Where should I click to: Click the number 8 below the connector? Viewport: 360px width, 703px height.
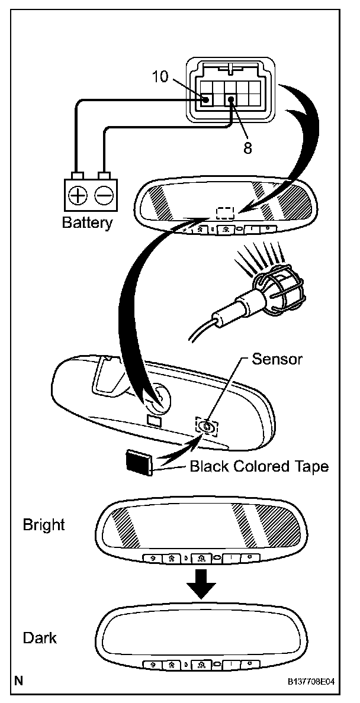tap(247, 147)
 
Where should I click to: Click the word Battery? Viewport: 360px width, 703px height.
tap(87, 224)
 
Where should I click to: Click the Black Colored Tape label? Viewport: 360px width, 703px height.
tap(259, 466)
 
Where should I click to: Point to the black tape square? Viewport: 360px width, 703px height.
tap(139, 462)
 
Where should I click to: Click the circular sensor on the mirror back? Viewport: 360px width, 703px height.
tap(206, 426)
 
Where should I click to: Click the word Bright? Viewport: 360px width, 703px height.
tap(44, 524)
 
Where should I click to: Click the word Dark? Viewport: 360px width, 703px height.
tap(40, 638)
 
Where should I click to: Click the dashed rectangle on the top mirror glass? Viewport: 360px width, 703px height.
tap(226, 214)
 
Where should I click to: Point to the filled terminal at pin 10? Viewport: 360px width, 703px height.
tap(205, 100)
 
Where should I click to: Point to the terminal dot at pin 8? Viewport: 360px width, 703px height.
tap(232, 101)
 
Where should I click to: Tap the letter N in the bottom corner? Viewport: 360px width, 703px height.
tap(20, 681)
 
